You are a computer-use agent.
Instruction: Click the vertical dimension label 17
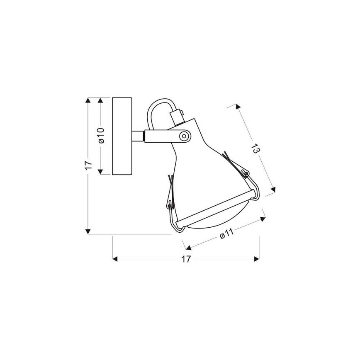click(x=88, y=165)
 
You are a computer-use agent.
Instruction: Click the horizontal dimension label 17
click(x=186, y=259)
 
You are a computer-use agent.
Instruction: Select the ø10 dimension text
click(x=101, y=136)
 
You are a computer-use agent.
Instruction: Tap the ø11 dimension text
click(x=226, y=233)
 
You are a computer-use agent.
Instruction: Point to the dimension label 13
click(x=256, y=148)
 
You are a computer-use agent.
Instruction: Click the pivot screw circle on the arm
click(x=184, y=136)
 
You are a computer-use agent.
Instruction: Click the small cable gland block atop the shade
click(x=177, y=117)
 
